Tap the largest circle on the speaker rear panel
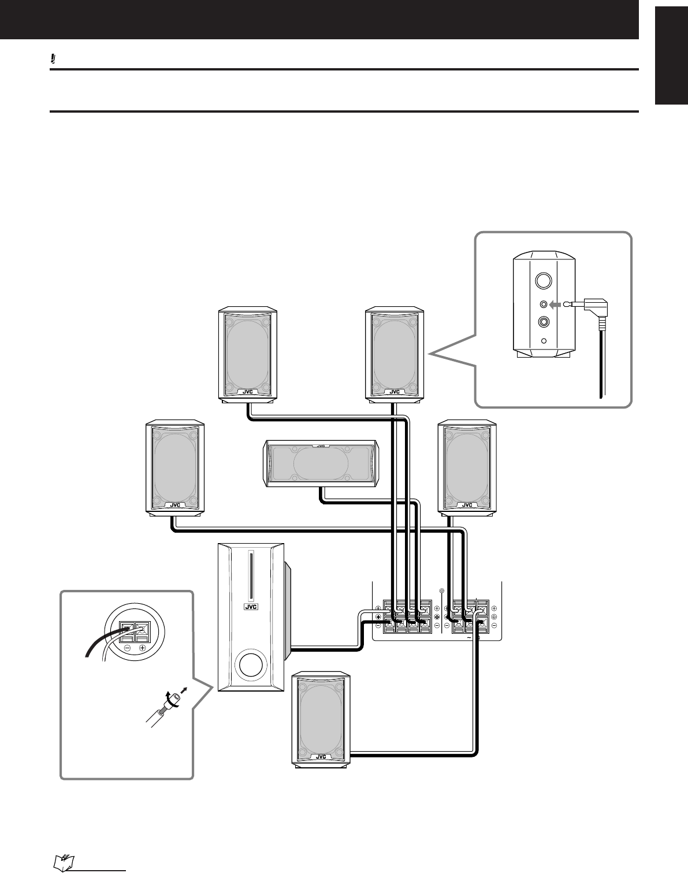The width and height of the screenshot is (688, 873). [x=542, y=281]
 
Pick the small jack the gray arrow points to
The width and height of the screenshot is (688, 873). [x=543, y=304]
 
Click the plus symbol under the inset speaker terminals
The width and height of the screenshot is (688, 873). [x=142, y=649]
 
